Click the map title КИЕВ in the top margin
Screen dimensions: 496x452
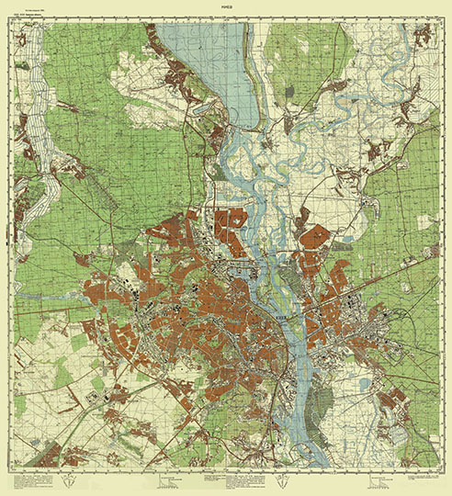coord(226,7)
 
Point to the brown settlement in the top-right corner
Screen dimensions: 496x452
coord(422,38)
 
